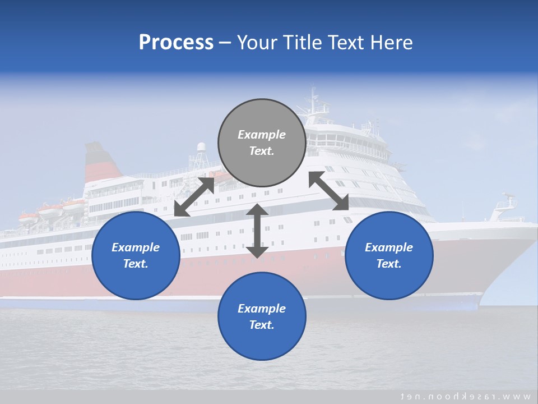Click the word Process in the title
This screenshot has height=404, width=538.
click(x=176, y=43)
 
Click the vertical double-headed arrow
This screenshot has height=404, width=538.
click(x=257, y=231)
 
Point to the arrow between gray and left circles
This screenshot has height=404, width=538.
click(x=194, y=196)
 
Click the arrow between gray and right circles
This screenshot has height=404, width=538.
click(x=329, y=191)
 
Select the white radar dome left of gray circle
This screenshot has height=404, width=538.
click(x=201, y=148)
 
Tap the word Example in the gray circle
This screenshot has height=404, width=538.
click(x=262, y=135)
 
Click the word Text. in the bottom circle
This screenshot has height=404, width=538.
click(x=262, y=325)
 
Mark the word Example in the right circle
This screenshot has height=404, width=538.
click(x=389, y=247)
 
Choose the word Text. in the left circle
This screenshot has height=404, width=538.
click(x=136, y=264)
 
